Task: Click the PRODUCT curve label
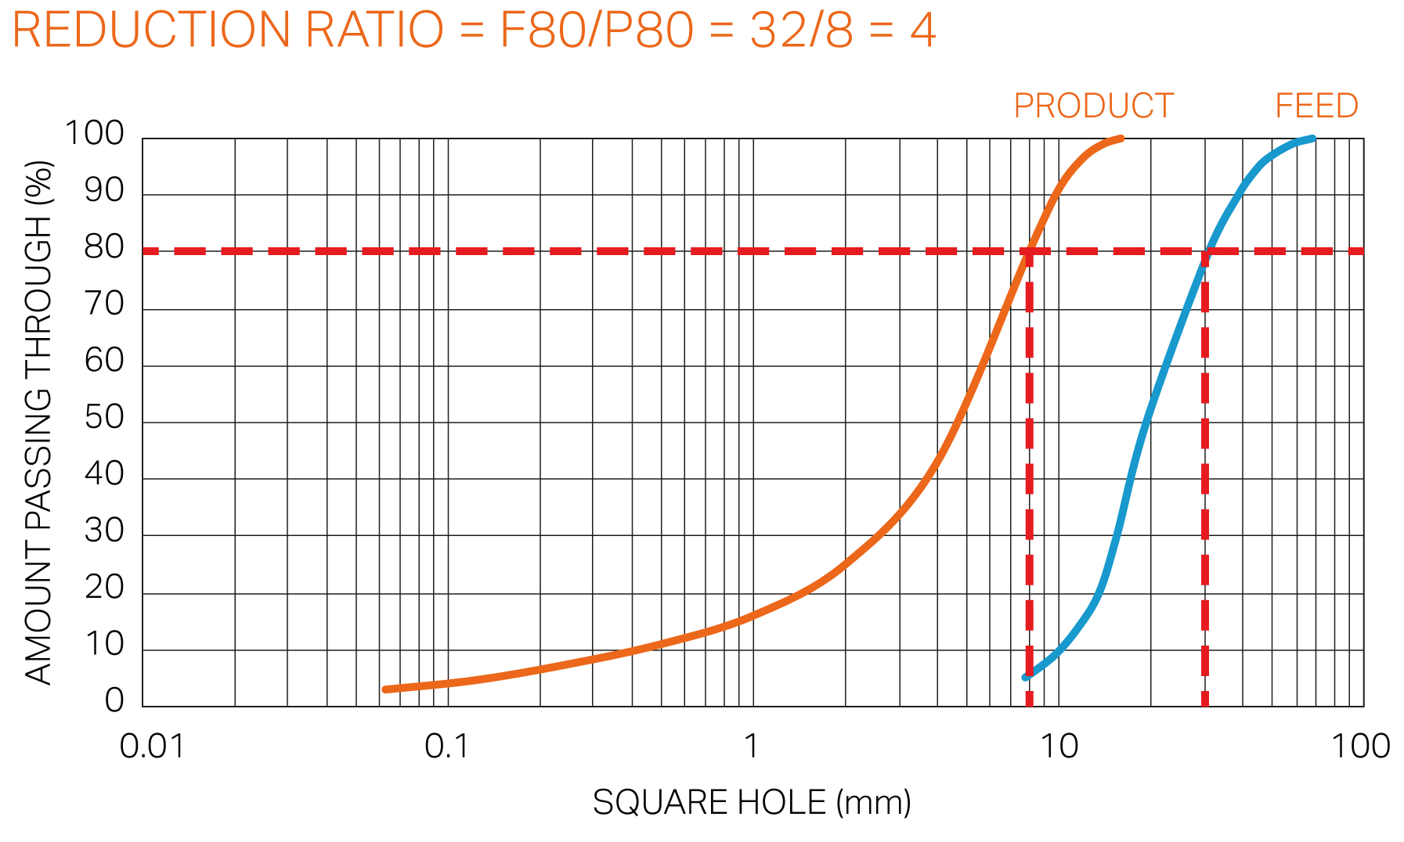(x=1093, y=106)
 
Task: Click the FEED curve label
(x=1316, y=106)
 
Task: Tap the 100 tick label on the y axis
(x=94, y=134)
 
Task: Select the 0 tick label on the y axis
(x=114, y=700)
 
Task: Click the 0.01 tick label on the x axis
(x=152, y=747)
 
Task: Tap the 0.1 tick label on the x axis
(x=447, y=747)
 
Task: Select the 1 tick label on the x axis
(x=751, y=747)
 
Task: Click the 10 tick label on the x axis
(x=1059, y=747)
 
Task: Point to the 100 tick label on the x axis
(x=1361, y=747)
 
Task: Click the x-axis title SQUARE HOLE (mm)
(x=752, y=803)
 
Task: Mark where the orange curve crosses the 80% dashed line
(x=1030, y=251)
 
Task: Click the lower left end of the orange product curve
(x=386, y=689)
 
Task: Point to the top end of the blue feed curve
(x=1312, y=139)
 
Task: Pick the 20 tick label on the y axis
(x=104, y=587)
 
